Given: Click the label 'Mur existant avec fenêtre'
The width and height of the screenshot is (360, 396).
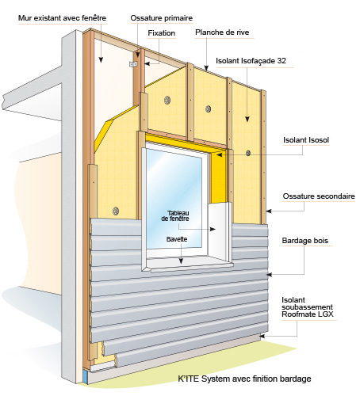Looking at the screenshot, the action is click(x=62, y=18).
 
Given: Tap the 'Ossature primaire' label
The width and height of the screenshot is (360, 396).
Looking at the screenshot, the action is click(x=162, y=18).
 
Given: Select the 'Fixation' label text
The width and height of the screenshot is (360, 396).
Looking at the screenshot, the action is click(x=162, y=33).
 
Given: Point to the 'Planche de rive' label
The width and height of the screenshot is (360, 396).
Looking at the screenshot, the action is click(x=222, y=32).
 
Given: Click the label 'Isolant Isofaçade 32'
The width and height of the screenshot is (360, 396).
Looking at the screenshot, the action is click(x=251, y=61).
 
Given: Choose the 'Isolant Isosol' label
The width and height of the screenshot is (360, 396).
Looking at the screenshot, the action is click(x=306, y=140).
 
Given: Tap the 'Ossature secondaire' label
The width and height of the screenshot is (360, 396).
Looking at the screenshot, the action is click(x=319, y=196).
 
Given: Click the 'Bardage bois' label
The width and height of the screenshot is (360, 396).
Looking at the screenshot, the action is click(x=304, y=241).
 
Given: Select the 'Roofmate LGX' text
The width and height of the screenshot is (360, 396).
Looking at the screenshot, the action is click(x=308, y=314).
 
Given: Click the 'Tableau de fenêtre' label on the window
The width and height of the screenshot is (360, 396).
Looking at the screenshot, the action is click(x=175, y=215).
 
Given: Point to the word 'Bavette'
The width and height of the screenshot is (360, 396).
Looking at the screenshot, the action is click(x=177, y=239).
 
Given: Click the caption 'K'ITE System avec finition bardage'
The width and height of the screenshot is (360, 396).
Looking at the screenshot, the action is click(x=244, y=379).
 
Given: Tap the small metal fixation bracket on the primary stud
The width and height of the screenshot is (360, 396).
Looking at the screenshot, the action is click(x=133, y=64).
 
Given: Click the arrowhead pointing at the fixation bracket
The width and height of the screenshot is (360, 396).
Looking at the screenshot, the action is click(x=147, y=64).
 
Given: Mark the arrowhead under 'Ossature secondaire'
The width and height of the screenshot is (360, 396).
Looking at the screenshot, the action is click(x=269, y=211).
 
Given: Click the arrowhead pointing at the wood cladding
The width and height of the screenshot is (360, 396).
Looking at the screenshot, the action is click(x=270, y=275).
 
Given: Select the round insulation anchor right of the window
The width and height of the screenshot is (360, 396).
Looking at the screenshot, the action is click(x=248, y=153).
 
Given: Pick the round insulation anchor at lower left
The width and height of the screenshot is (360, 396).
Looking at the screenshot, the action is click(x=116, y=211).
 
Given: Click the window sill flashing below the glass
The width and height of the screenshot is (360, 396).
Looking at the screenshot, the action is click(x=188, y=265).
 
